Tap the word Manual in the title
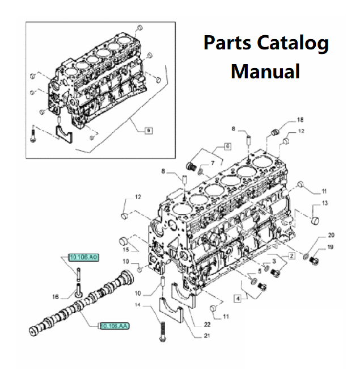click(x=265, y=72)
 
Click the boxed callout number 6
click(x=227, y=146)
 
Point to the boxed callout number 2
click(x=291, y=256)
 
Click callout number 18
click(x=300, y=120)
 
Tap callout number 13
click(x=325, y=203)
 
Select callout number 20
click(x=332, y=235)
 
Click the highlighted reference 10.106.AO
click(x=84, y=258)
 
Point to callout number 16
click(x=56, y=296)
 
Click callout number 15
click(x=126, y=250)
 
